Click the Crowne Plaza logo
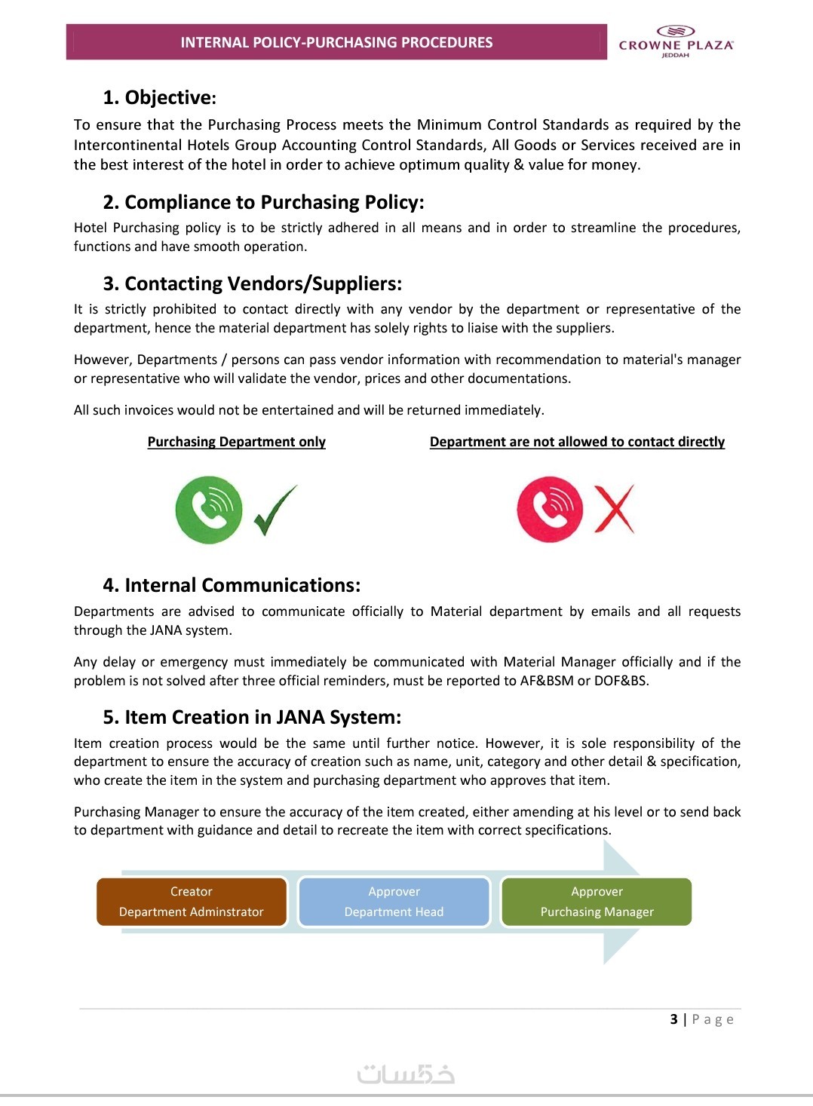(675, 41)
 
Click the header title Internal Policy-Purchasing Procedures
(336, 42)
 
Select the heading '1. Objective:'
(159, 97)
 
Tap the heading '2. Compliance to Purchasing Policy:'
(263, 202)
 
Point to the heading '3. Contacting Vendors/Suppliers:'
(252, 283)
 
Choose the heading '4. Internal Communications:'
(232, 585)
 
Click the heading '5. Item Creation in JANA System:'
(252, 717)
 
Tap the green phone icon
(209, 510)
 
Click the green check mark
(275, 510)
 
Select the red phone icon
(550, 510)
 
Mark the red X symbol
(615, 510)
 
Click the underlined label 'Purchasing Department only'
(236, 442)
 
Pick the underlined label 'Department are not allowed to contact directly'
(577, 442)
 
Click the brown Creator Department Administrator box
(192, 902)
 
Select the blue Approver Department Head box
(394, 902)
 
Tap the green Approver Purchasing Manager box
(597, 902)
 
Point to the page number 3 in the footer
(673, 1019)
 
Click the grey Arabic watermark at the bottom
(406, 1073)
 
